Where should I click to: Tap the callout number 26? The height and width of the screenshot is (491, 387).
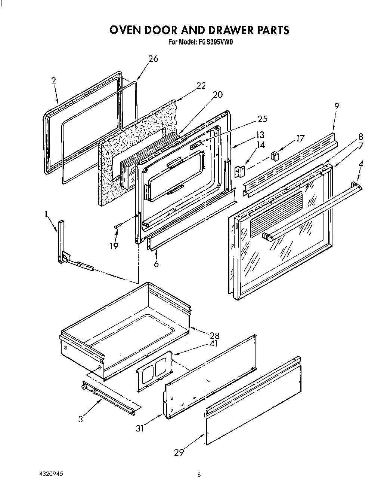[153, 58]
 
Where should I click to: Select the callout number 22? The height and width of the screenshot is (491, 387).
[201, 86]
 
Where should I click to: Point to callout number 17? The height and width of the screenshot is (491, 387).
[300, 138]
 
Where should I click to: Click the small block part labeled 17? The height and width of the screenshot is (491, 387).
[275, 155]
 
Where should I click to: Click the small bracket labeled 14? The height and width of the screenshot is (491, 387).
[240, 171]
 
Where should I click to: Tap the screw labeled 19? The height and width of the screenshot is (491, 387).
[118, 226]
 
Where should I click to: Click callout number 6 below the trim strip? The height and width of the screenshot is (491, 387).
[156, 264]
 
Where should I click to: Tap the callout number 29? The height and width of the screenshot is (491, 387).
[179, 452]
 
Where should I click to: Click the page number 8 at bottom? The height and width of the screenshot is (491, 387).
[199, 475]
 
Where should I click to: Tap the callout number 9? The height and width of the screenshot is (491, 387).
[337, 106]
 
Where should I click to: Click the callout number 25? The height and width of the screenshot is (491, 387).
[263, 119]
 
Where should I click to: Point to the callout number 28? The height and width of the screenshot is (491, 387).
[214, 335]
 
